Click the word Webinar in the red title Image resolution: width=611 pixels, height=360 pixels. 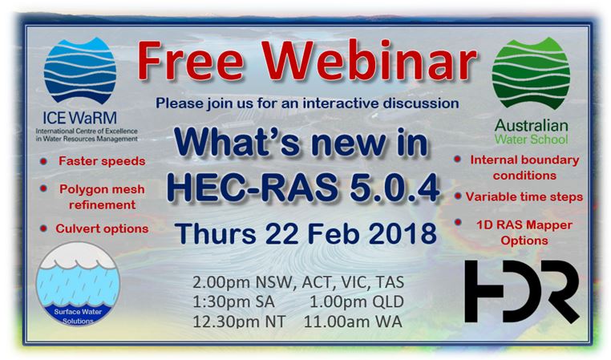click(x=370, y=60)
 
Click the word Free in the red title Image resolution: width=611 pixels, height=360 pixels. click(x=191, y=61)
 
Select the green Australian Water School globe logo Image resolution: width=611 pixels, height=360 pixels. click(x=531, y=73)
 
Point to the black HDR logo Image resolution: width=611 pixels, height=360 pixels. click(x=522, y=291)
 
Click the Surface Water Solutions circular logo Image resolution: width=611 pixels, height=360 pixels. click(x=78, y=284)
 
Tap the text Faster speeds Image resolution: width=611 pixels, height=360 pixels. click(x=102, y=161)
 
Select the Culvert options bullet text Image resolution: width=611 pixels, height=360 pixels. click(x=102, y=229)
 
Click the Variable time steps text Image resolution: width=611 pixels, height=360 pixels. click(x=524, y=196)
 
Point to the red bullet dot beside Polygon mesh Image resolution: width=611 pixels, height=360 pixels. click(x=43, y=188)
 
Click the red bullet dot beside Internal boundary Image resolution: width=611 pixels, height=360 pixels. click(x=458, y=159)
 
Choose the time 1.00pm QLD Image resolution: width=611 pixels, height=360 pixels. click(x=357, y=302)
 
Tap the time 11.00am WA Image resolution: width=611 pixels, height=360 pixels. click(x=353, y=322)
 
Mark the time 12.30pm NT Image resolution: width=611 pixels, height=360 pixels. click(x=239, y=322)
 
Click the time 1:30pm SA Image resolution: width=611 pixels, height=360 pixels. click(x=234, y=302)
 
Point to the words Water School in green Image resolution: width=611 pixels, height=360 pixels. click(x=532, y=139)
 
